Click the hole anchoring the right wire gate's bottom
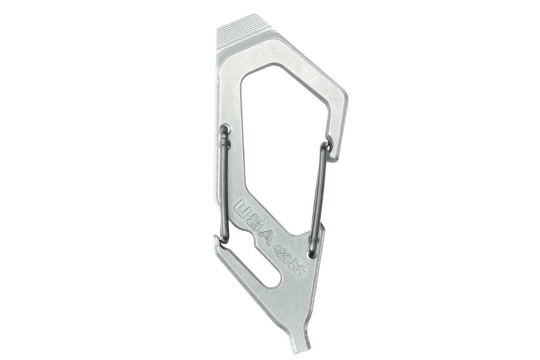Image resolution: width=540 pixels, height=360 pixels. (312, 255)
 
